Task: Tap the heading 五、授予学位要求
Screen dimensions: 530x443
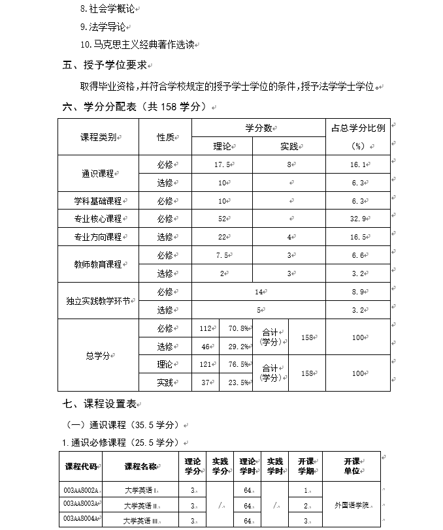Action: (105, 65)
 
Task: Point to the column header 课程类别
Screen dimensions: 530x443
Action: (98, 137)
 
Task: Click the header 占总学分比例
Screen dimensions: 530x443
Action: (359, 128)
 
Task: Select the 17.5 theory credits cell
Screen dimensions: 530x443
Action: (223, 164)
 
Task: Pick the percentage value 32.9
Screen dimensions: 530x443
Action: (359, 219)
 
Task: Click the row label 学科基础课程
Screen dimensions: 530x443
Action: (98, 201)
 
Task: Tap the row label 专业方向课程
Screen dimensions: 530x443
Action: (98, 237)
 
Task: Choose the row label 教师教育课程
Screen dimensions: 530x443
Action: (98, 264)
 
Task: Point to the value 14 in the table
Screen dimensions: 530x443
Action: (259, 292)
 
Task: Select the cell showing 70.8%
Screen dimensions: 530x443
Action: (237, 328)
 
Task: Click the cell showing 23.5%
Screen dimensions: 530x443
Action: (237, 382)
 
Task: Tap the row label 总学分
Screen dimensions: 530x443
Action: (98, 355)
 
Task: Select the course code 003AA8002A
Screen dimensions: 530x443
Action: (81, 490)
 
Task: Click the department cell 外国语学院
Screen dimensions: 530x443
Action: (352, 505)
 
